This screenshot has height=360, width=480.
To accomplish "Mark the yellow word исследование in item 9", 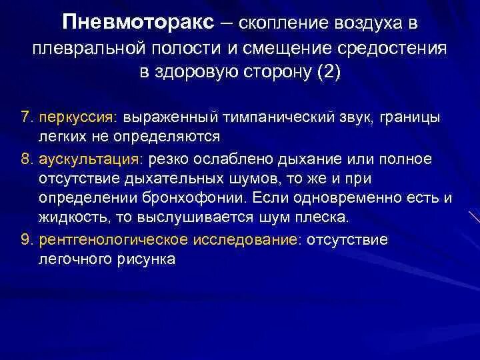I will click(256, 239).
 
